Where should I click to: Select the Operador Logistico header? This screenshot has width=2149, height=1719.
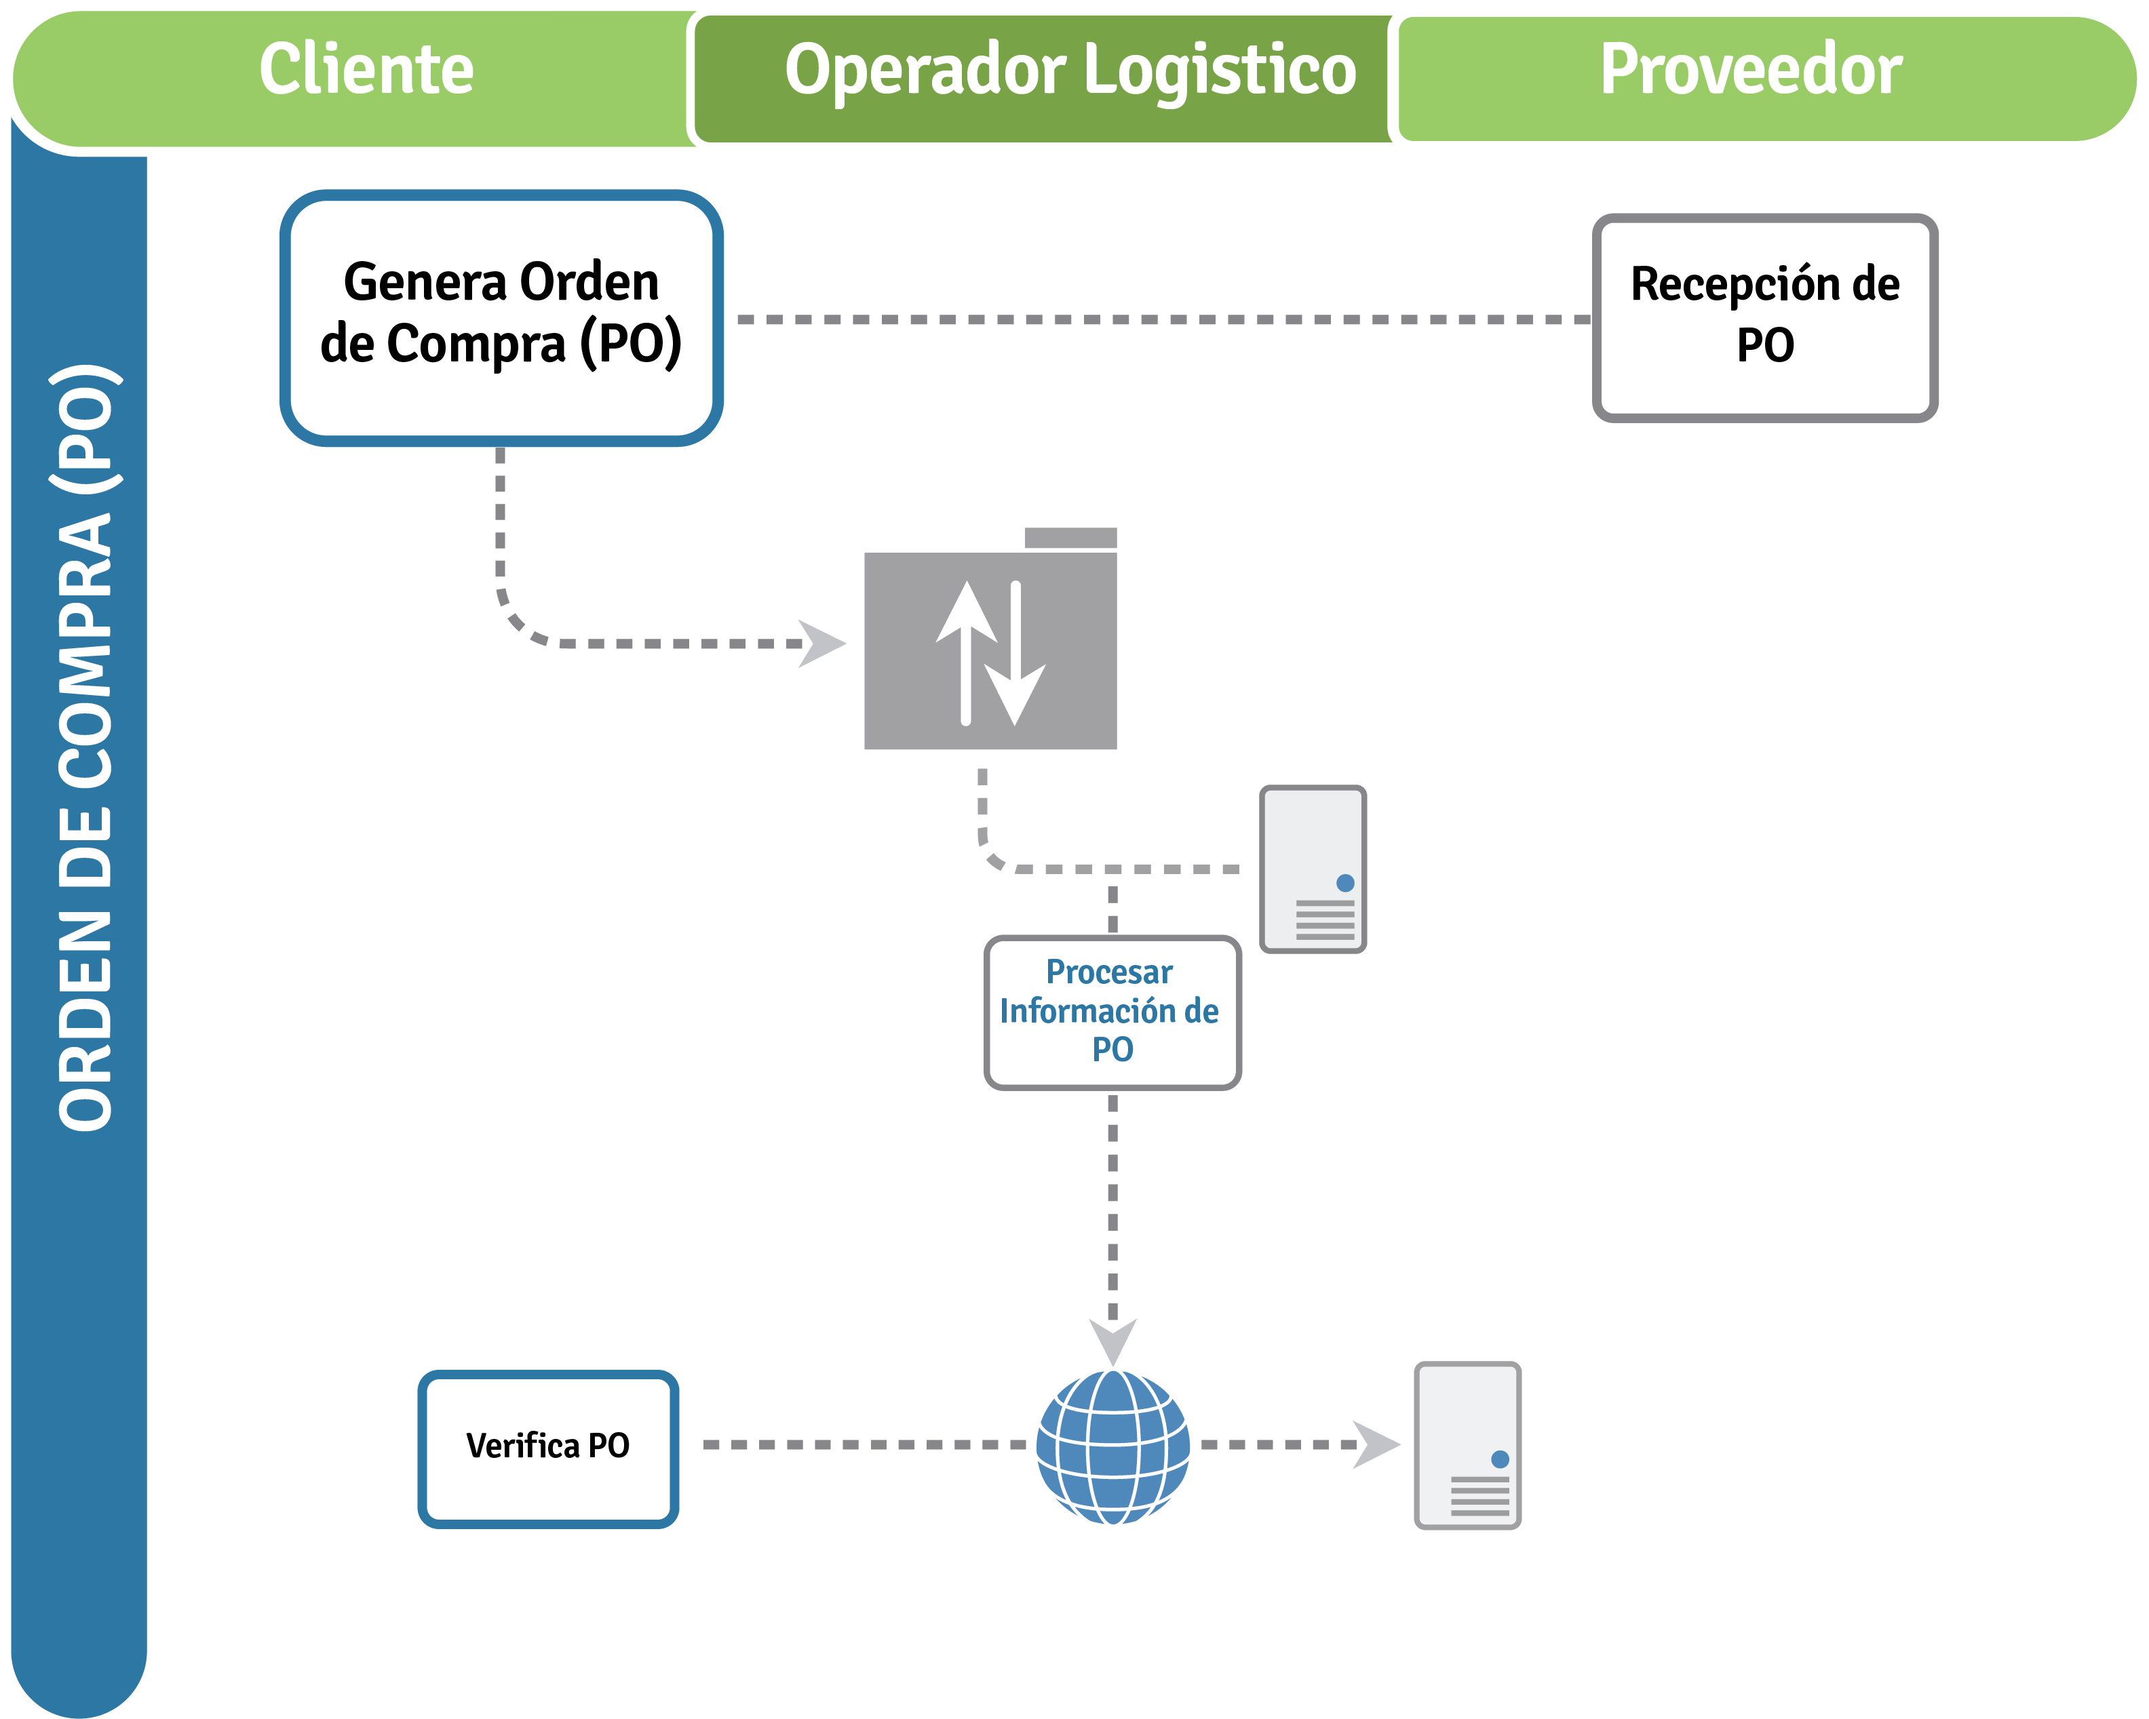[1070, 70]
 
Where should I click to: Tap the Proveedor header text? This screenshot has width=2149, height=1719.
[1751, 70]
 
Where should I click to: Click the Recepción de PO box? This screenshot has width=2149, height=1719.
[1764, 317]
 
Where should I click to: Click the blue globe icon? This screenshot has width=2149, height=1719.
[1112, 1447]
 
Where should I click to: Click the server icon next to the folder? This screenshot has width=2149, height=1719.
[1312, 869]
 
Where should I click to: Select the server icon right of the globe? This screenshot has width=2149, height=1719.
[1467, 1445]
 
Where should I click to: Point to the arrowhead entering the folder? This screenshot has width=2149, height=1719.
[824, 644]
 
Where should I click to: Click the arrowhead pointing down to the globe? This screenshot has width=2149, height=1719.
[1112, 1341]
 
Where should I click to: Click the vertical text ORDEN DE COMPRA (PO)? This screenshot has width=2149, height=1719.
[85, 747]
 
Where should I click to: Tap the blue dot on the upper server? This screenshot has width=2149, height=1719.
[1344, 883]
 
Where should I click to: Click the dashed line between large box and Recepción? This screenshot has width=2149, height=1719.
[1156, 320]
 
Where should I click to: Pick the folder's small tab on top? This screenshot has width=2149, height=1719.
[1070, 538]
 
